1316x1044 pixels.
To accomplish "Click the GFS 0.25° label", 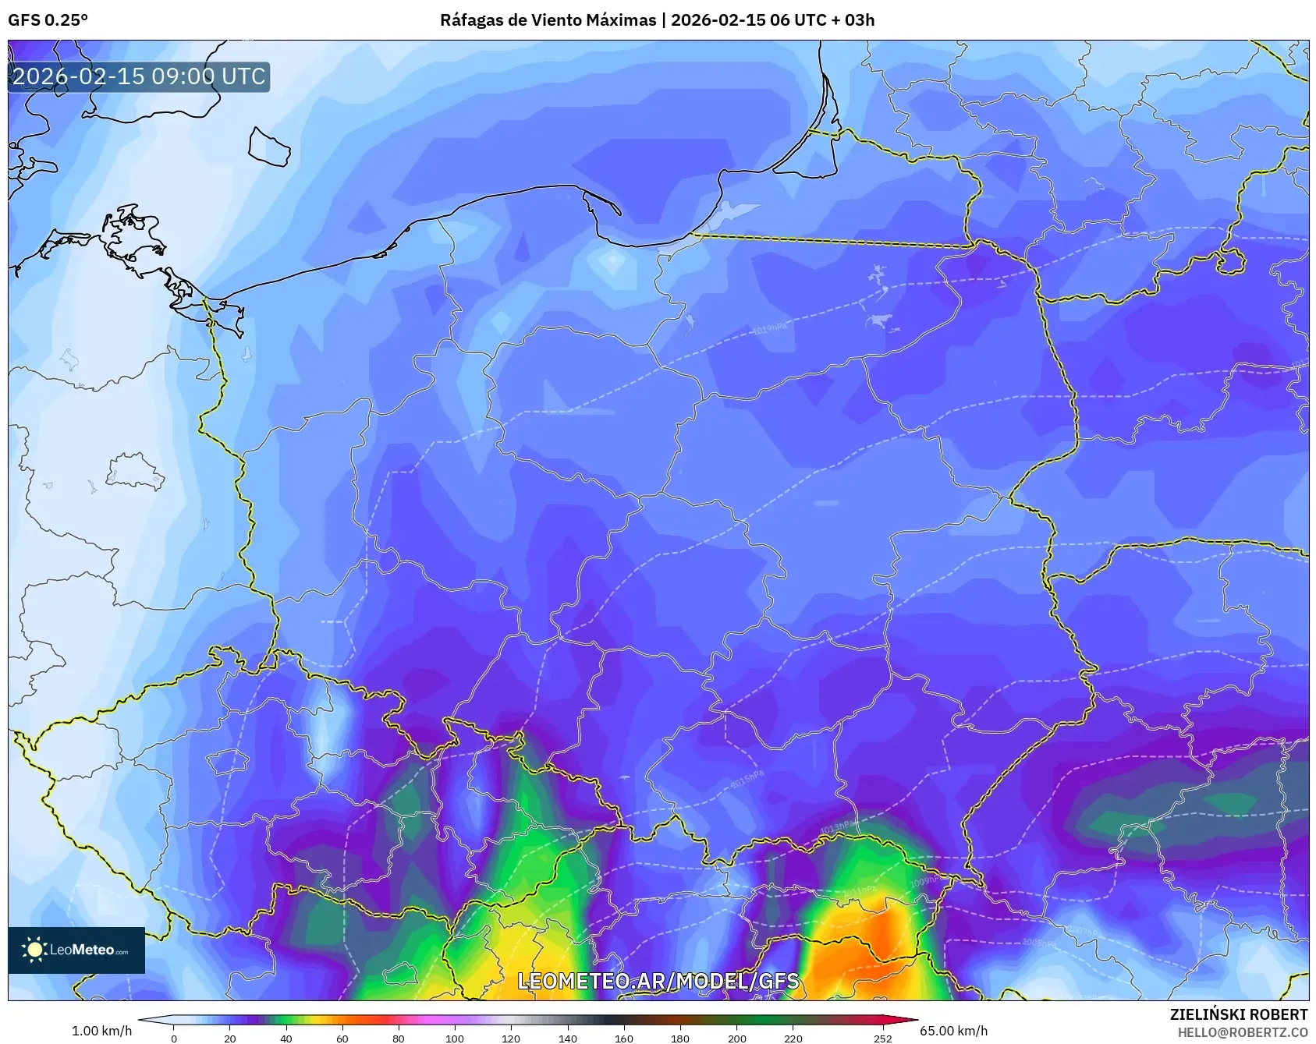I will pyautogui.click(x=48, y=20).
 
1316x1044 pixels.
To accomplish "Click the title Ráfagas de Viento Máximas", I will pyautogui.click(x=548, y=20).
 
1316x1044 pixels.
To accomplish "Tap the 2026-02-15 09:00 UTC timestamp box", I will pyautogui.click(x=139, y=76).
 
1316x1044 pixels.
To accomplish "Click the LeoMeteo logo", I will pyautogui.click(x=76, y=950).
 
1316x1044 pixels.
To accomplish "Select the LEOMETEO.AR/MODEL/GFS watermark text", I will pyautogui.click(x=658, y=981).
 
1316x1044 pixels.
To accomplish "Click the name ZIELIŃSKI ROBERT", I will pyautogui.click(x=1238, y=1014).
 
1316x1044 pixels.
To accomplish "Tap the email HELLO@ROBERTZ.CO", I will pyautogui.click(x=1242, y=1032).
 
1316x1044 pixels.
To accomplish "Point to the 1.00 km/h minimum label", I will pyautogui.click(x=101, y=1031).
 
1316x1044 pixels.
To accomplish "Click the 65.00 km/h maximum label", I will pyautogui.click(x=953, y=1031).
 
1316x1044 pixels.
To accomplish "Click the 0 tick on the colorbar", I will pyautogui.click(x=173, y=1038).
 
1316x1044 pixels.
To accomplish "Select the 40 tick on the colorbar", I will pyautogui.click(x=286, y=1038).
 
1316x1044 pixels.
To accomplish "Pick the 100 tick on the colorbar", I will pyautogui.click(x=454, y=1038).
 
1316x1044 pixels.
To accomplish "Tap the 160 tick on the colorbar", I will pyautogui.click(x=623, y=1038).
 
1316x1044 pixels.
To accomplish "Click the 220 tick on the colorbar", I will pyautogui.click(x=793, y=1038).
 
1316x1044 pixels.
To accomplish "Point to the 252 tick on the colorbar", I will pyautogui.click(x=882, y=1038).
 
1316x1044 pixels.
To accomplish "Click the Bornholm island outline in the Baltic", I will pyautogui.click(x=269, y=146).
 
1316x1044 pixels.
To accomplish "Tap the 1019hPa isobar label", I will pyautogui.click(x=769, y=329).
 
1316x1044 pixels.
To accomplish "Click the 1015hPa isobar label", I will pyautogui.click(x=747, y=778).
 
